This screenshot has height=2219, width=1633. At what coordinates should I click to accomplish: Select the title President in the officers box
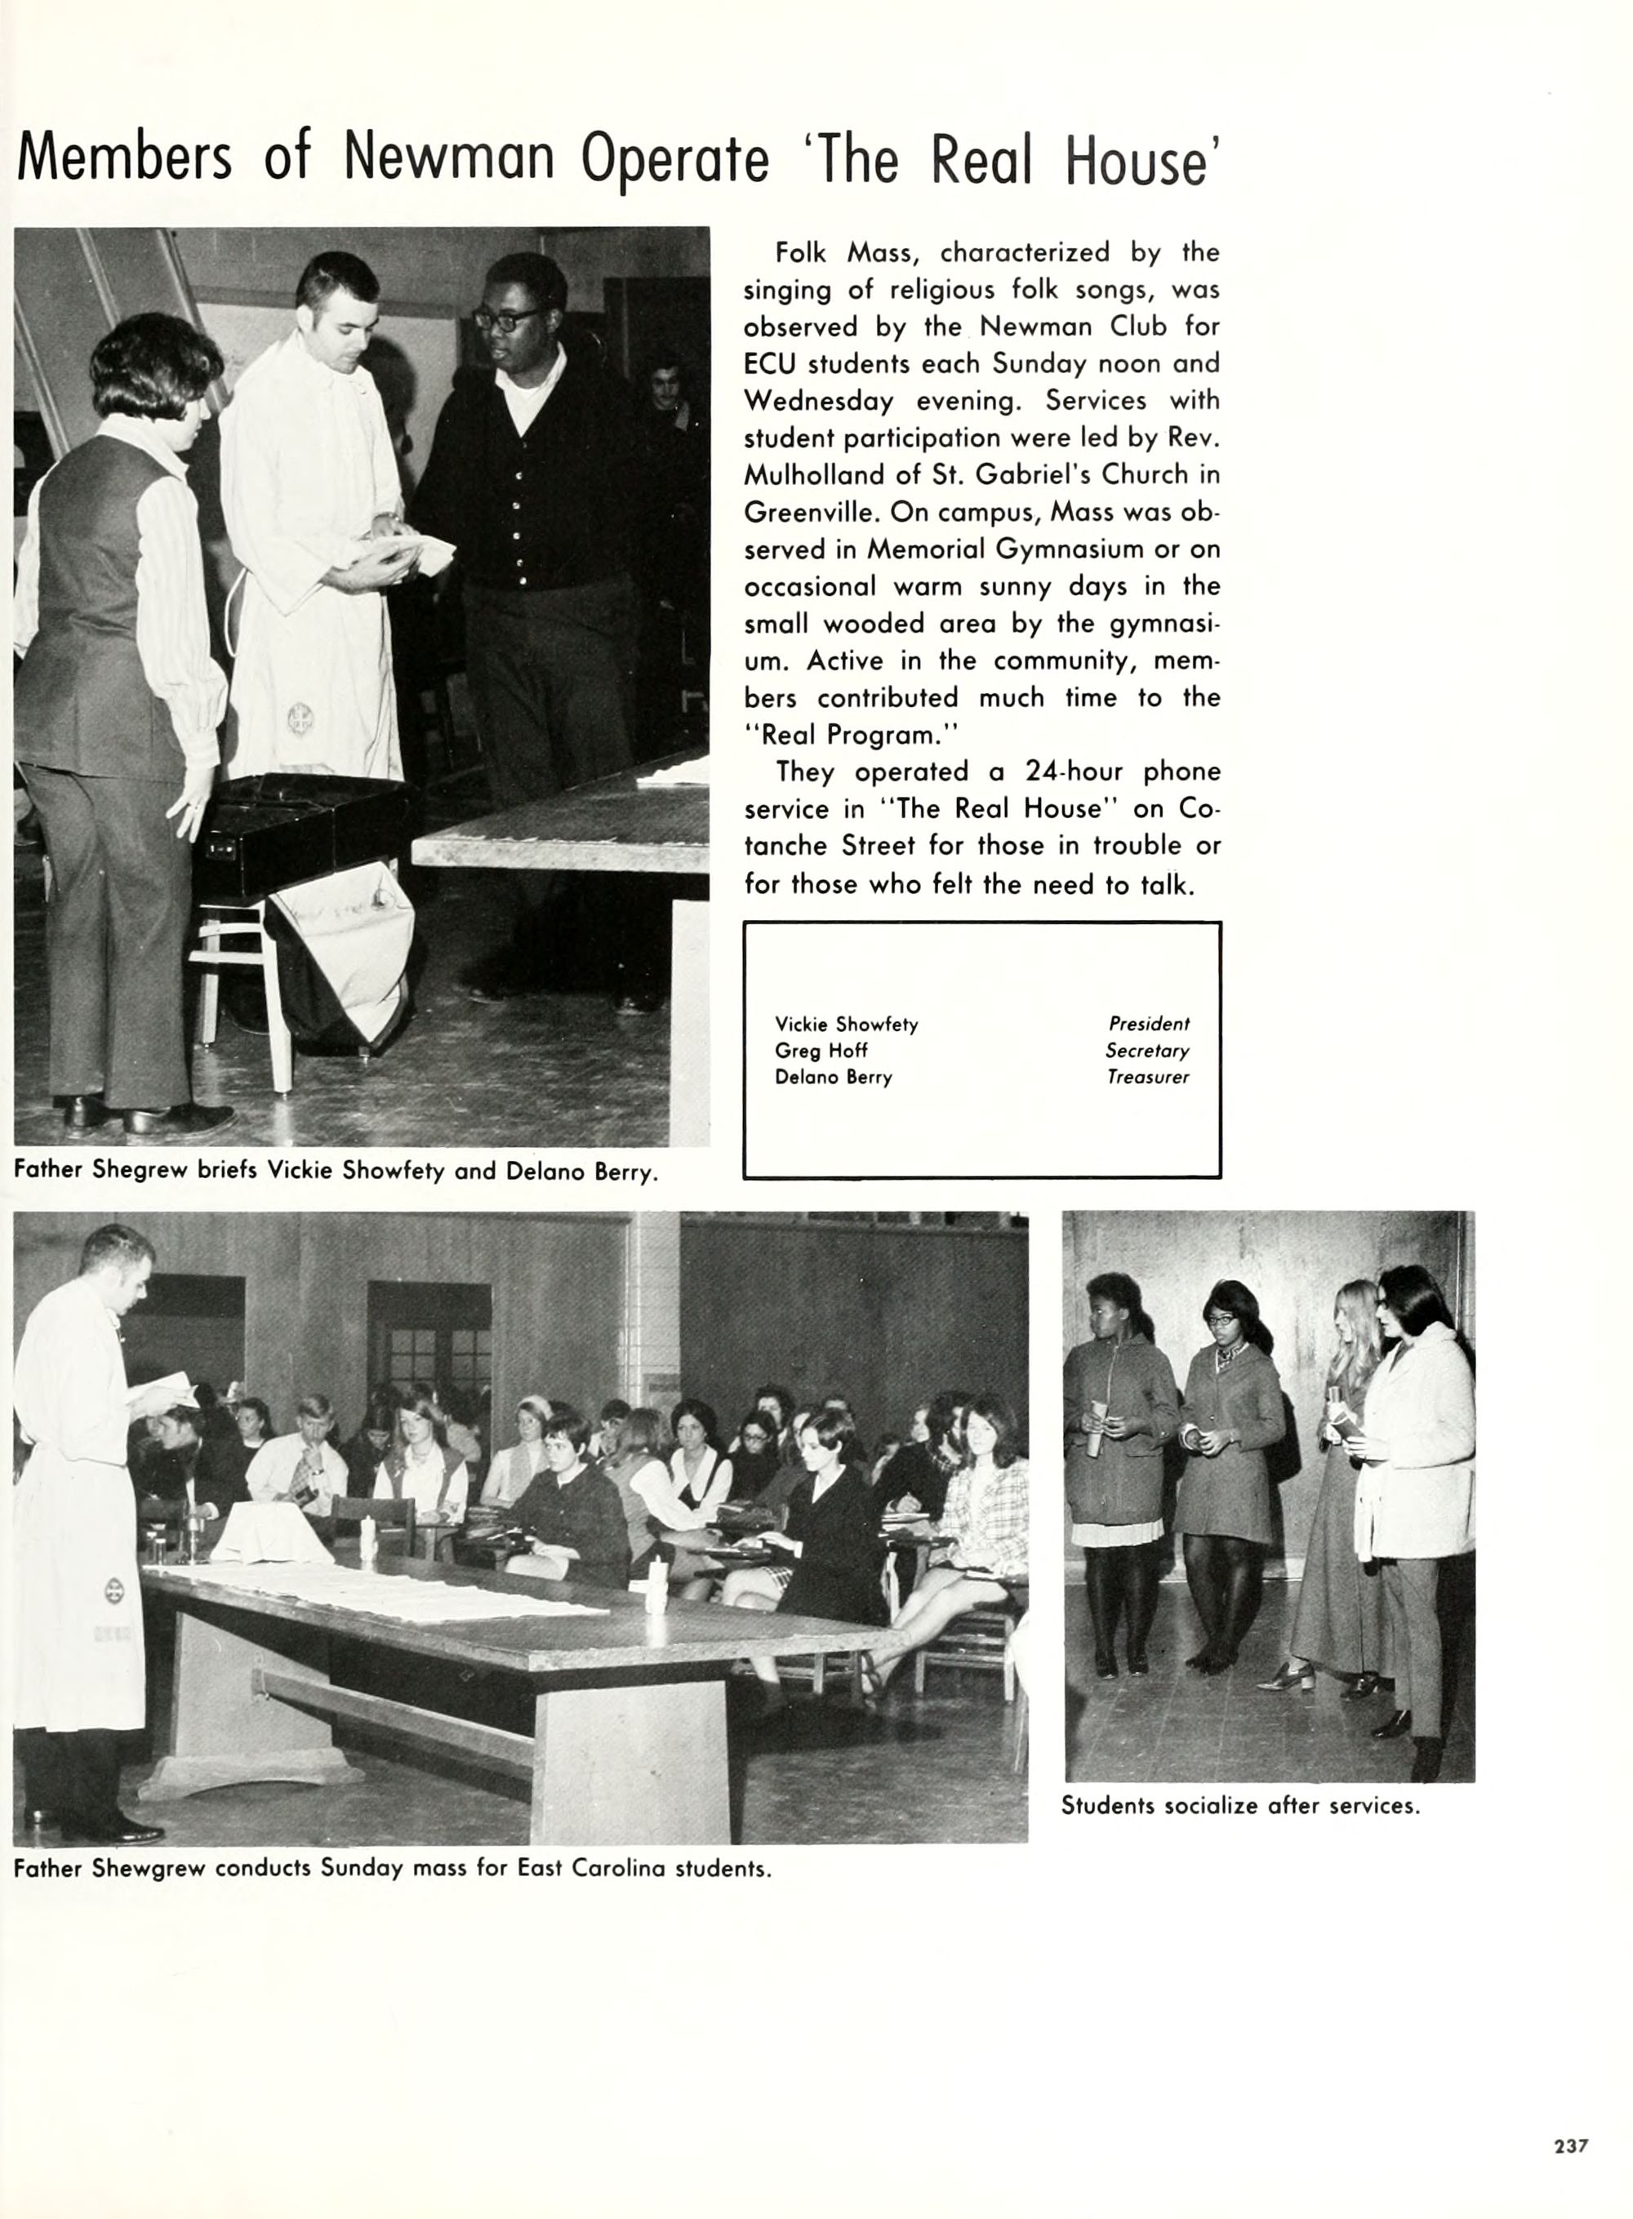[1149, 1024]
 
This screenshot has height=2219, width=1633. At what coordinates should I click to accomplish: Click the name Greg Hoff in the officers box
[821, 1051]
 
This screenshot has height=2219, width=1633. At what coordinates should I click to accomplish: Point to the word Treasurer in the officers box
[1148, 1078]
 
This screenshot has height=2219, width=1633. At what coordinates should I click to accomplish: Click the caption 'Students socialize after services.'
[1240, 1806]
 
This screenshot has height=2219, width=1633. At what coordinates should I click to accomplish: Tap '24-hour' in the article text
[1074, 772]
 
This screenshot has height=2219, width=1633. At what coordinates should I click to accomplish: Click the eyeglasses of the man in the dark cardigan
[508, 318]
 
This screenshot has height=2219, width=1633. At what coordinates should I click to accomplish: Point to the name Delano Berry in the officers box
[834, 1078]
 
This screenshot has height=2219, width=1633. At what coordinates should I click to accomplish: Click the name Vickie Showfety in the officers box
[846, 1024]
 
